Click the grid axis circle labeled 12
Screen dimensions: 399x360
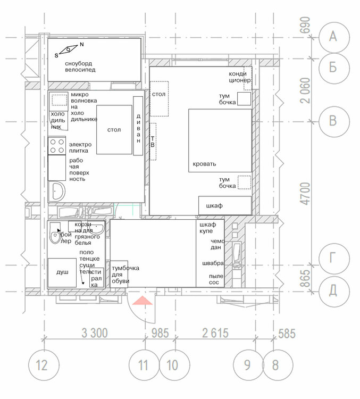(42, 365)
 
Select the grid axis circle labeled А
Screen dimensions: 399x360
(333, 36)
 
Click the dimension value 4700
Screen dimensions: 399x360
(305, 194)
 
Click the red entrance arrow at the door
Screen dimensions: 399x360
(142, 301)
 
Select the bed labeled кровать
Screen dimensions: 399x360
(220, 140)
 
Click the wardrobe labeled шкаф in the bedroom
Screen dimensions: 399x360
(224, 205)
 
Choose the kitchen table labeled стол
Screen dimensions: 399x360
(114, 129)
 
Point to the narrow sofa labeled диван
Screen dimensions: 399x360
(138, 126)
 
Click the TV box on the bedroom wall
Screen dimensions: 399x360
(153, 142)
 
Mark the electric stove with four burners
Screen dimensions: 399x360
(56, 146)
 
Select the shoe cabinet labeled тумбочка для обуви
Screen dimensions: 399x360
(119, 274)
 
